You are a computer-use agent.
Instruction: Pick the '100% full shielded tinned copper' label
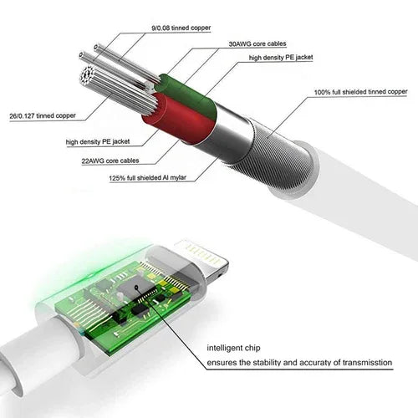tap(360, 91)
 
